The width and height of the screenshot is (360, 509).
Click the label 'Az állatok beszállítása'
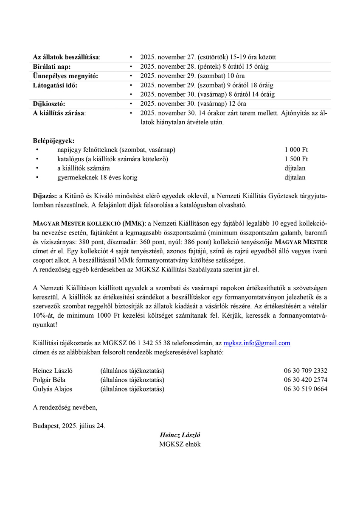point(67,57)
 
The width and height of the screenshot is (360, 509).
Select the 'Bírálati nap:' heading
point(52,67)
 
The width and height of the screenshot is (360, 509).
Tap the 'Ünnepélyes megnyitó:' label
point(65,76)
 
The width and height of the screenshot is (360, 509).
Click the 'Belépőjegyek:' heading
point(53,140)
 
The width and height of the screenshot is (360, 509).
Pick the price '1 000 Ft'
point(296,150)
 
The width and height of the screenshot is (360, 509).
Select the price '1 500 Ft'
point(296,159)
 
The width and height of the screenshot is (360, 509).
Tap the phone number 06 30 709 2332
point(306,371)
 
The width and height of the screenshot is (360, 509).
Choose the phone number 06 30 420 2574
point(306,380)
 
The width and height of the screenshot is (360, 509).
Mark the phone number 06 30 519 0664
point(306,389)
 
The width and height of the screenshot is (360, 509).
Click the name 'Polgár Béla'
point(49,380)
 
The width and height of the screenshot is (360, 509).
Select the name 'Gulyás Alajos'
point(52,389)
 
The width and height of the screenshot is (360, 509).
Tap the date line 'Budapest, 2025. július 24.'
point(69,426)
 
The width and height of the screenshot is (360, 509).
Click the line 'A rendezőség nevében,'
point(65,408)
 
